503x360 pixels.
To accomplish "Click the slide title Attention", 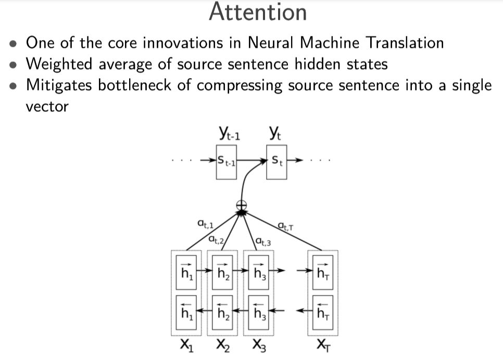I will click(x=257, y=12).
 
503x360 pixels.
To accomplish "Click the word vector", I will click(x=47, y=107).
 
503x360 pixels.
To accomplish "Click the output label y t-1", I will click(x=230, y=135).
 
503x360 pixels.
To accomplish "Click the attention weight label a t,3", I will click(x=263, y=241).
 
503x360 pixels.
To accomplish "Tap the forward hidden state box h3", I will click(x=259, y=271).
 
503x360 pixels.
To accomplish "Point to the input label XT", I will click(x=323, y=345).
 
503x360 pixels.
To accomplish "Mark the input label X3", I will click(x=259, y=345).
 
